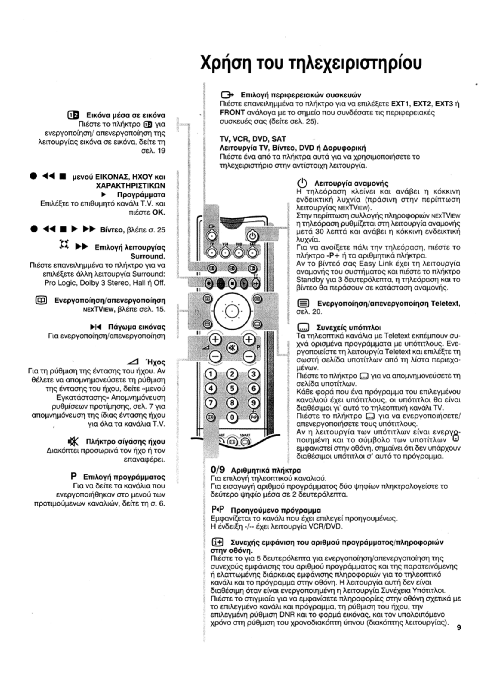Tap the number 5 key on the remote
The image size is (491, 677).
click(232, 388)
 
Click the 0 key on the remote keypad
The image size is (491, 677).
click(232, 417)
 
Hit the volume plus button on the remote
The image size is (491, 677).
click(216, 339)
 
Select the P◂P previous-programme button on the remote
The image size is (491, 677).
click(254, 417)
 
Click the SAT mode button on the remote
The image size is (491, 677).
click(254, 253)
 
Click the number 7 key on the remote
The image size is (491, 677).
click(211, 402)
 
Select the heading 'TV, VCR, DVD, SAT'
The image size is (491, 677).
click(253, 139)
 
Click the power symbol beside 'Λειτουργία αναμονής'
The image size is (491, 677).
click(302, 183)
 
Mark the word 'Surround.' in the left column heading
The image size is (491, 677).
click(148, 256)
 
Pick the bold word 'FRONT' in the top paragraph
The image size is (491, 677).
click(232, 113)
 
